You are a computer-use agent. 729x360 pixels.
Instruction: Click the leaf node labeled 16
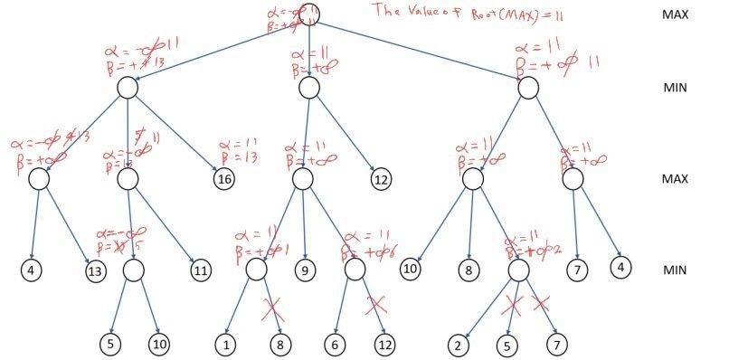pyautogui.click(x=223, y=179)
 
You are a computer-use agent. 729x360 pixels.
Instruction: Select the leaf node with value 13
pyautogui.click(x=93, y=270)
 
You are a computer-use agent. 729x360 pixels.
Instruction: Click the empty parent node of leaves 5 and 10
pyautogui.click(x=134, y=270)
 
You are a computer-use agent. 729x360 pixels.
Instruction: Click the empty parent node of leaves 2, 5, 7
pyautogui.click(x=518, y=270)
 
